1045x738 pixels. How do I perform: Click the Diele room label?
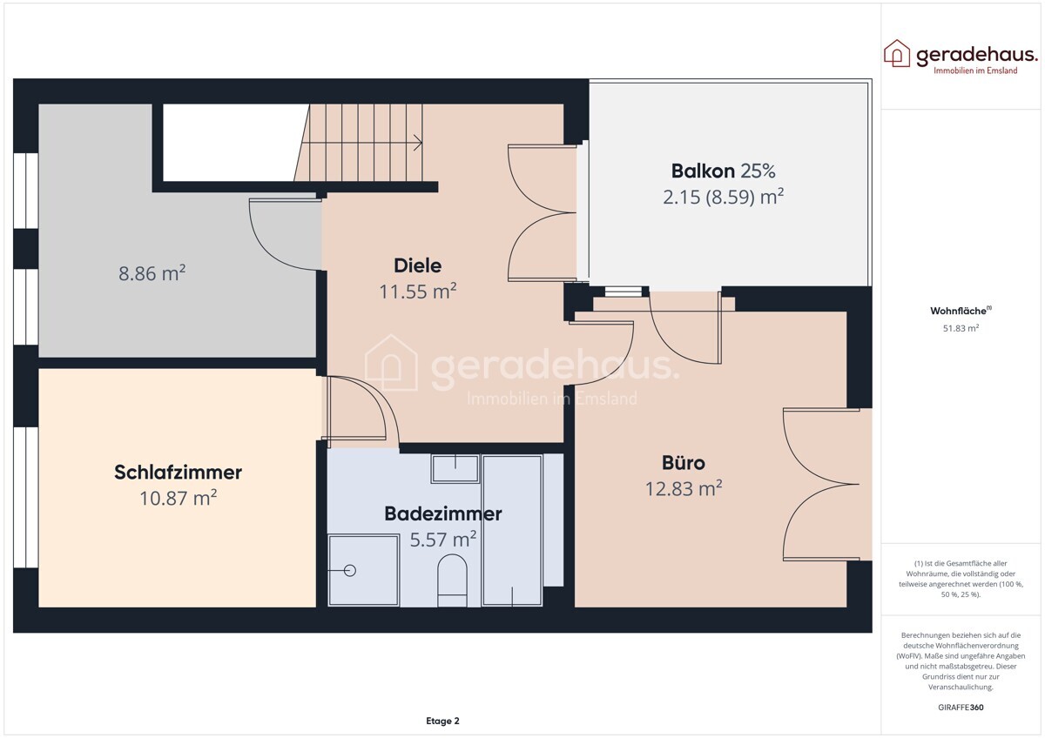click(x=417, y=265)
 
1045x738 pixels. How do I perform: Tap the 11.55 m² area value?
click(x=417, y=292)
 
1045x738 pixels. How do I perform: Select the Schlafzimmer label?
click(x=179, y=473)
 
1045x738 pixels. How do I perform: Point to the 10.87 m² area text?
click(x=179, y=498)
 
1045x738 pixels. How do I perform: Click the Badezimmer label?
click(x=443, y=513)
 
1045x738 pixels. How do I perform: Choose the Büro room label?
click(x=684, y=463)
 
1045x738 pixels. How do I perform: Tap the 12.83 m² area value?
click(x=684, y=488)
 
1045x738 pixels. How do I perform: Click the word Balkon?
click(x=703, y=171)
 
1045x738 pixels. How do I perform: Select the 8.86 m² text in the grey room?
click(x=152, y=273)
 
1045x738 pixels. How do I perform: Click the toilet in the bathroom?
click(x=452, y=580)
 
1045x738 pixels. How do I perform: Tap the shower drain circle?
click(x=350, y=570)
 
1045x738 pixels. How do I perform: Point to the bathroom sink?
click(x=455, y=469)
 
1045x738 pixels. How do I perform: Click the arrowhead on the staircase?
click(x=419, y=143)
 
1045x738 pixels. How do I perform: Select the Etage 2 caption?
click(x=442, y=721)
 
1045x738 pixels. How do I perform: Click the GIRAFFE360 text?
click(x=961, y=708)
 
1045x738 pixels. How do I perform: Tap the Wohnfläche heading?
click(x=961, y=311)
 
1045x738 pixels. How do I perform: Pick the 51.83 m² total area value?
click(x=961, y=328)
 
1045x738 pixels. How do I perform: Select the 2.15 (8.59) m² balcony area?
click(x=723, y=197)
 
